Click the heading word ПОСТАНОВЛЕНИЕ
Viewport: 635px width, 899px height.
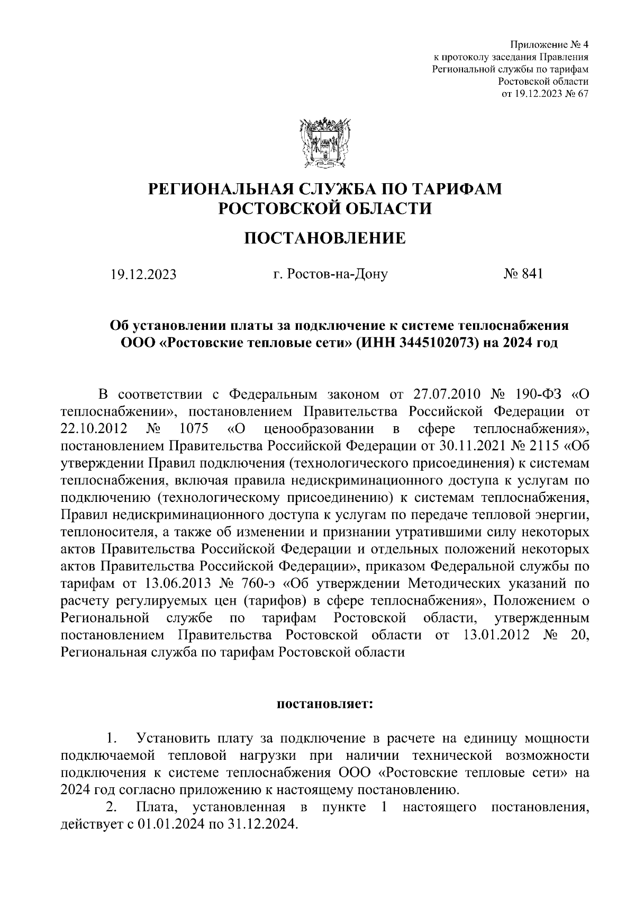click(x=324, y=239)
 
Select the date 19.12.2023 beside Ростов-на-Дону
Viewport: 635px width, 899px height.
click(x=143, y=275)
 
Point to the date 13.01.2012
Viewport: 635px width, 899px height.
click(x=496, y=635)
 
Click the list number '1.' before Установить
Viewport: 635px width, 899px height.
click(x=112, y=738)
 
